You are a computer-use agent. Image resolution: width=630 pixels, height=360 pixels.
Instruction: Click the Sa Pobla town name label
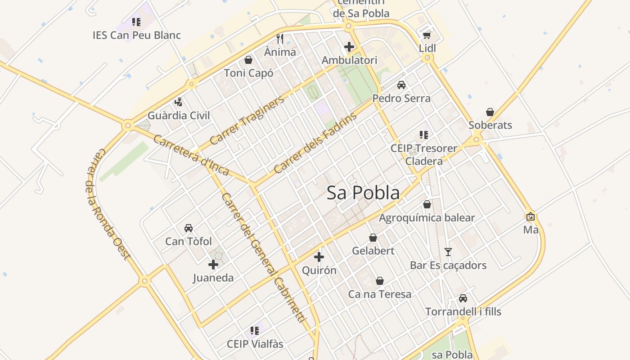(x=363, y=193)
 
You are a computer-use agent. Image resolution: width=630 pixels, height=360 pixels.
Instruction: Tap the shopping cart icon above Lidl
(x=427, y=35)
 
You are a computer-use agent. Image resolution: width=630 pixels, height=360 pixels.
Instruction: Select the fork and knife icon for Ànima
(x=280, y=38)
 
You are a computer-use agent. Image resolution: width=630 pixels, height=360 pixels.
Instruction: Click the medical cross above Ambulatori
(x=349, y=46)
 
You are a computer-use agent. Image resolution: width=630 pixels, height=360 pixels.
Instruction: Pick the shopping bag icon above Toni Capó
(x=248, y=60)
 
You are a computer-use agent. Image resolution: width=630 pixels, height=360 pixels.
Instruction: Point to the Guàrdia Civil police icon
(x=179, y=102)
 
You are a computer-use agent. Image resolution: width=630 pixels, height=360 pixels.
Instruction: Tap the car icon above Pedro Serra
(x=401, y=85)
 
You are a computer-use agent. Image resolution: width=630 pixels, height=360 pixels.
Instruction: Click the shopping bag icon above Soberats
(x=490, y=112)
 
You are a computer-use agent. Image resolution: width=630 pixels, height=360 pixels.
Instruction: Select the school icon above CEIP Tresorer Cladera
(x=423, y=135)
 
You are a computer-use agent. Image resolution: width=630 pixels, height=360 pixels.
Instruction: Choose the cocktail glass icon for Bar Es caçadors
(x=448, y=252)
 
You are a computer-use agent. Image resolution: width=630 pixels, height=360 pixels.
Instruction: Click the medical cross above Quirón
(x=319, y=257)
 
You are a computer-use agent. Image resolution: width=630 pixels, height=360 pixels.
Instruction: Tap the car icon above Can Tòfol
(x=188, y=228)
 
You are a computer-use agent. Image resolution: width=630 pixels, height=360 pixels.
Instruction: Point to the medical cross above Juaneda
(x=213, y=265)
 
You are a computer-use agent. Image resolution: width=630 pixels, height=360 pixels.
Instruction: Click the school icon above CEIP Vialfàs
(x=255, y=331)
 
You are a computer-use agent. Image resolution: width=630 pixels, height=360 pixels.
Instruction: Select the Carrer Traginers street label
(x=247, y=120)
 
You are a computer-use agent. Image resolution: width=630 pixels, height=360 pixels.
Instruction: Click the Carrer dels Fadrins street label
(x=315, y=143)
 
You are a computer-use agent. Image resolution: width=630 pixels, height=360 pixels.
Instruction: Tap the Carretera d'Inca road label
(x=191, y=155)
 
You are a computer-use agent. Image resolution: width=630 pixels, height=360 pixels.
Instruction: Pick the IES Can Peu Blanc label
(x=137, y=35)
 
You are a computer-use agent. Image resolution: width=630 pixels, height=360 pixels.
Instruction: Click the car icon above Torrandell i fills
(x=463, y=298)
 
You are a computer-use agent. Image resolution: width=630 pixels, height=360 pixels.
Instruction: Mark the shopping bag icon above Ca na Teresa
(x=380, y=281)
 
